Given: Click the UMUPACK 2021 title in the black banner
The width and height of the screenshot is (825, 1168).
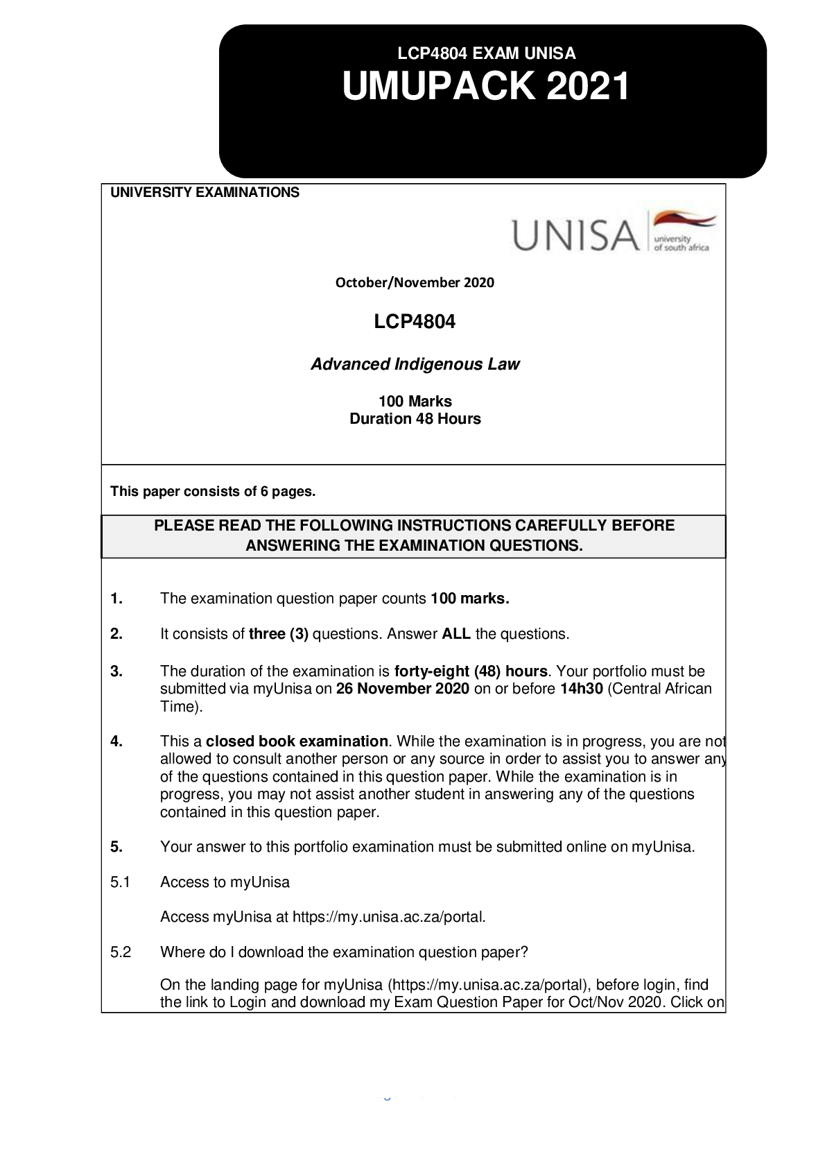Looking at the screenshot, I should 486,87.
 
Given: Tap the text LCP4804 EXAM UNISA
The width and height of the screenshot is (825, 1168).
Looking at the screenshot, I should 486,53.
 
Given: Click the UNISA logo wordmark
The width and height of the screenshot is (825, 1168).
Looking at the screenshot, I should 575,235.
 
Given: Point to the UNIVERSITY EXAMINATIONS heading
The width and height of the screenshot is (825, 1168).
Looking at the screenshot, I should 205,193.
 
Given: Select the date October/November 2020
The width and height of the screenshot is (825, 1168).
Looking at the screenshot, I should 415,282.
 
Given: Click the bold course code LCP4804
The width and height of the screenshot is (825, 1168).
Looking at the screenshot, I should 415,322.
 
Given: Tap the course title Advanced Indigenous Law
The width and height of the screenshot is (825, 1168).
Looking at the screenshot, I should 415,364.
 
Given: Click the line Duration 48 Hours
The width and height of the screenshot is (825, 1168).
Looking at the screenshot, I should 415,419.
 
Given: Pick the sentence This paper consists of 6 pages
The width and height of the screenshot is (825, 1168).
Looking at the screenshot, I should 213,492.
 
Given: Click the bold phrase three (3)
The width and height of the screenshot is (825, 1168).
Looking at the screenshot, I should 279,634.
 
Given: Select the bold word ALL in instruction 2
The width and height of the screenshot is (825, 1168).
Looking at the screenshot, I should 456,634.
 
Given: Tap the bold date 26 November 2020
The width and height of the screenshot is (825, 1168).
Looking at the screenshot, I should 403,689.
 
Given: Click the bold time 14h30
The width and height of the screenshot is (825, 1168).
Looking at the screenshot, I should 581,689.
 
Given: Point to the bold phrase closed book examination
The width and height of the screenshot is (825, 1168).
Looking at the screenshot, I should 297,741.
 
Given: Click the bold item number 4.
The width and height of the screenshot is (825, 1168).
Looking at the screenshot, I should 116,741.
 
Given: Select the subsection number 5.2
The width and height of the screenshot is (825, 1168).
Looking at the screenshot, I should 121,952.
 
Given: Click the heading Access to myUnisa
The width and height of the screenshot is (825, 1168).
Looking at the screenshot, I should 225,882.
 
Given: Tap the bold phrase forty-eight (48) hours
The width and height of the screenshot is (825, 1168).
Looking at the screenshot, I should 471,671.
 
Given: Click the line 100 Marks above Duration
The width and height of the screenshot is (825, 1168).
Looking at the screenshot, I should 415,402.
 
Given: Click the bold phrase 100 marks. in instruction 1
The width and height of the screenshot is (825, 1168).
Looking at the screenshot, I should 469,599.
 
